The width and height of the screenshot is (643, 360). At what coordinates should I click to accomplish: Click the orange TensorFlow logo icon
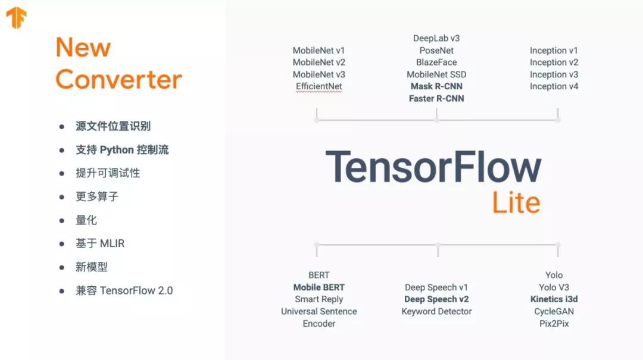[17, 18]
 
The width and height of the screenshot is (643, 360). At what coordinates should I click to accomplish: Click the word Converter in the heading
[118, 79]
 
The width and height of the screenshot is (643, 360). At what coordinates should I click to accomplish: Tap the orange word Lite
[516, 203]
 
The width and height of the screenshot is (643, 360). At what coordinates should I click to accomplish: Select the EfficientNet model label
[319, 86]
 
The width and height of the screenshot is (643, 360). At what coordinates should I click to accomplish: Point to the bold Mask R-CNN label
[436, 86]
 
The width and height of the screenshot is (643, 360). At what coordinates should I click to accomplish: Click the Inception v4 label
[554, 86]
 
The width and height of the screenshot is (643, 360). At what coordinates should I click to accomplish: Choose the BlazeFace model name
[436, 62]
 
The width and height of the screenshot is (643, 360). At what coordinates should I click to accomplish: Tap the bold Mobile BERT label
[319, 287]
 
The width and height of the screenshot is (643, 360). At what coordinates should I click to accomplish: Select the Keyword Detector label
[436, 311]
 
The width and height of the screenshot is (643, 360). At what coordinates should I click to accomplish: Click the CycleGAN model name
[554, 311]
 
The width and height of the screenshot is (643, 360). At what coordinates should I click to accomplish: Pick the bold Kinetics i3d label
[554, 299]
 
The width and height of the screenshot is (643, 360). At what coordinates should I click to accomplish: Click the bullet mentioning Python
[122, 150]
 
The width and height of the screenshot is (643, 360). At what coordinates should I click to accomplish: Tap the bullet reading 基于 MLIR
[100, 243]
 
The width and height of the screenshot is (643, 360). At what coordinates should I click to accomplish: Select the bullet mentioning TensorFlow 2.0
[124, 290]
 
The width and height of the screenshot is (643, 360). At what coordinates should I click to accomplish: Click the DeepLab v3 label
[436, 39]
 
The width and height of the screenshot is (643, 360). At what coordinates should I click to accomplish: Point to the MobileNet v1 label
[319, 51]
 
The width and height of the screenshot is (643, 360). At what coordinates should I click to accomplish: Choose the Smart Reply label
[319, 299]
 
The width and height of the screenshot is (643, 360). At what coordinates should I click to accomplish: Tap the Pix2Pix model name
[554, 324]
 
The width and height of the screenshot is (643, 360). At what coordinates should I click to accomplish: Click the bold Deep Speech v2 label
[436, 299]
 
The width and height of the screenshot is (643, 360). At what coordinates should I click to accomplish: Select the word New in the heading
[83, 48]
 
